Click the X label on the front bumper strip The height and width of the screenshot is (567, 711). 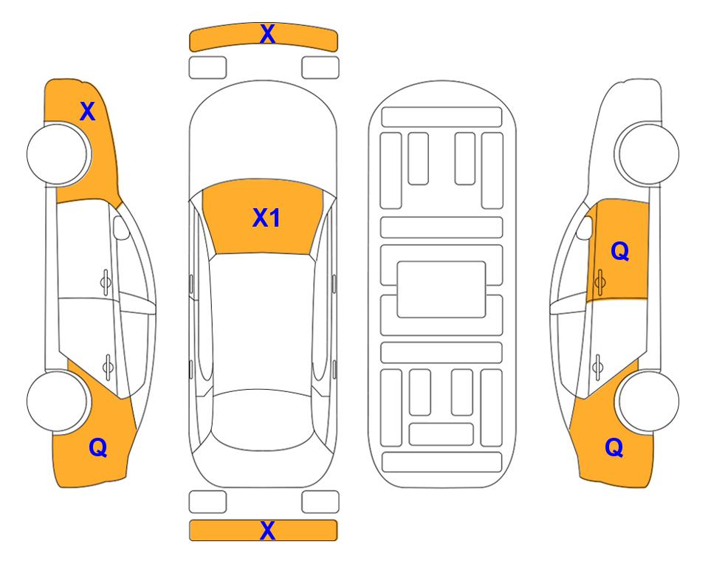pos(267,33)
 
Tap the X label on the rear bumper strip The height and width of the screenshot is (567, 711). pos(267,530)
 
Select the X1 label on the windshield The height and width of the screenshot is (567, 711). pos(266,218)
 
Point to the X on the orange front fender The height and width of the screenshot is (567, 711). pos(87,111)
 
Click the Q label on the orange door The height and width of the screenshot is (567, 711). pos(620,252)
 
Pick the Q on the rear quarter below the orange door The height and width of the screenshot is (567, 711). pos(614,447)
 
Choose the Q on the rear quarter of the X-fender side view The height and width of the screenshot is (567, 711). pos(97,447)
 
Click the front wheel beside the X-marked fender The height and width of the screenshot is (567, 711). pos(58,154)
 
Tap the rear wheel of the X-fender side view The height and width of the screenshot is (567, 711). pos(58,402)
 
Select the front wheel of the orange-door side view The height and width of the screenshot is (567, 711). pos(648,154)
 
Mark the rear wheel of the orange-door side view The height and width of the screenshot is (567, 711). pos(648,402)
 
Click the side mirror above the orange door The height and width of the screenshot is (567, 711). pos(585,226)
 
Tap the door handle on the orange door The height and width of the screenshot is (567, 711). pos(600,281)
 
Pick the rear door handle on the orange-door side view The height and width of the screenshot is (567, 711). pos(599,365)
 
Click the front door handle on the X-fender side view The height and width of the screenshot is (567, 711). pos(106,281)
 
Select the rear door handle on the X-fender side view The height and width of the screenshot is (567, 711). pos(108,365)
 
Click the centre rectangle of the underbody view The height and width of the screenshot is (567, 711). pos(442,289)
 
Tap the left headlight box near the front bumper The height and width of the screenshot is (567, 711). pos(207,67)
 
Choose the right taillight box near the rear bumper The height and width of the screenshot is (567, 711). pos(320,502)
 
